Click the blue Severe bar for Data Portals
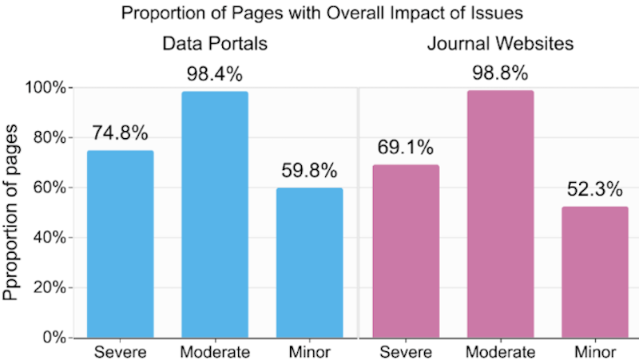tap(120, 243)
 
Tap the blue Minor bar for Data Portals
tap(310, 263)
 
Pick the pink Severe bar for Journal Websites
tap(406, 251)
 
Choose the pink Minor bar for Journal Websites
tap(595, 271)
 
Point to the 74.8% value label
tap(120, 134)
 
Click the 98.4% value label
tap(215, 74)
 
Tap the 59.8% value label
tap(310, 171)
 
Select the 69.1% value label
tap(406, 148)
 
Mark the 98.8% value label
tap(501, 73)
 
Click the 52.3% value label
tap(595, 190)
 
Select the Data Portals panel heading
tap(215, 44)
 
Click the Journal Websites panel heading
tap(501, 44)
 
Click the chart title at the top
tap(319, 13)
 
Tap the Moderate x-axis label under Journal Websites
tap(501, 351)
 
